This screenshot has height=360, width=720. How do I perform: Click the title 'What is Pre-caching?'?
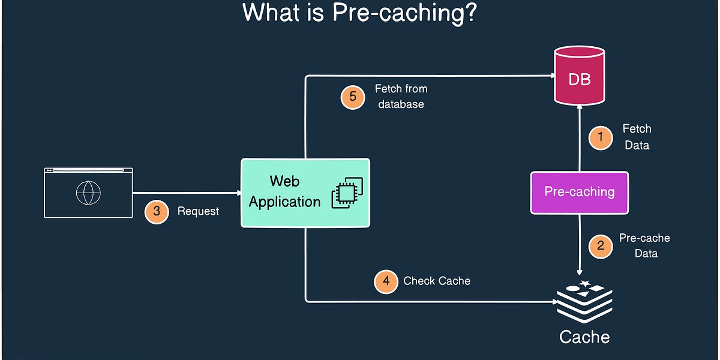click(359, 13)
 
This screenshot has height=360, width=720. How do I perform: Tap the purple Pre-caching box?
click(580, 193)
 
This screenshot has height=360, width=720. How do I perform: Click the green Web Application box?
click(305, 193)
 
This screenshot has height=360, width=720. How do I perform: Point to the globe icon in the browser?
click(88, 193)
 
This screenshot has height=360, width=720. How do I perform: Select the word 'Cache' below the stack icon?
click(584, 337)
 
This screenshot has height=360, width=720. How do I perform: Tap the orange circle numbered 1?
click(600, 137)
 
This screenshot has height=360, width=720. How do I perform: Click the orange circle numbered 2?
click(600, 246)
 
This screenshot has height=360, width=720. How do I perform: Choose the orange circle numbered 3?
click(157, 211)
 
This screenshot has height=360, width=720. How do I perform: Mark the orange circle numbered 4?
click(386, 281)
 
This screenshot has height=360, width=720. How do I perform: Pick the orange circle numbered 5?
click(353, 97)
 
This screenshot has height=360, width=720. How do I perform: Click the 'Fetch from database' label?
click(401, 97)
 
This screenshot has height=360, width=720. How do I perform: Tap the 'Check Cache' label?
click(437, 281)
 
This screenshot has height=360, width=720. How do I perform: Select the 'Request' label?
click(198, 211)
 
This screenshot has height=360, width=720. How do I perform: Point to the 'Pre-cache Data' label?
click(644, 246)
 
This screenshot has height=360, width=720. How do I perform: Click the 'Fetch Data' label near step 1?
click(637, 137)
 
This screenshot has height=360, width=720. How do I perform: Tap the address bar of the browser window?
click(88, 171)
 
